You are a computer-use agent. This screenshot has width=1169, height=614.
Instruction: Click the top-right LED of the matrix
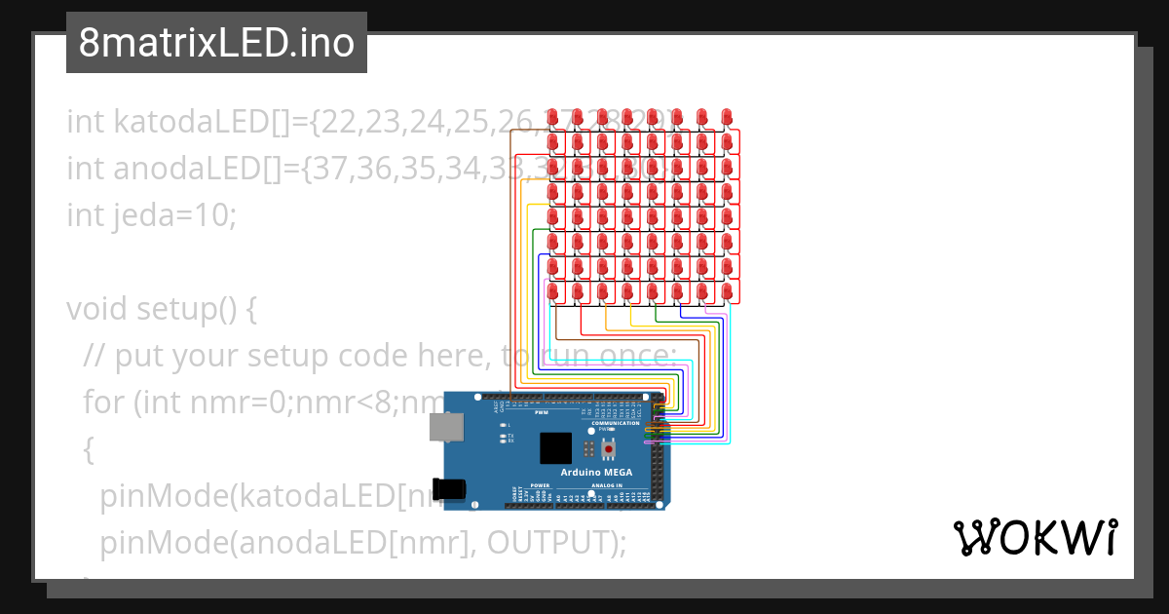coord(726,117)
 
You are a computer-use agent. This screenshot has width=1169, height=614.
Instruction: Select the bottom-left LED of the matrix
coord(552,290)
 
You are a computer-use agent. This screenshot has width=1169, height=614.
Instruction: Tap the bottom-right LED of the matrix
coord(726,290)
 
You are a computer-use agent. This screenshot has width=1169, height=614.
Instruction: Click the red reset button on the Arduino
coord(611,448)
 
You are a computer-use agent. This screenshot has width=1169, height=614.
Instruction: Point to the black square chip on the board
coord(556,448)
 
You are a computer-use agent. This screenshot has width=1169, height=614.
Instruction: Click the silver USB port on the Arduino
coord(446,426)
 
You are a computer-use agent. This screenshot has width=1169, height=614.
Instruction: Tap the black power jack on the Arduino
coord(450,490)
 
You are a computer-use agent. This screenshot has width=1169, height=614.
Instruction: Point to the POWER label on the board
coord(541,485)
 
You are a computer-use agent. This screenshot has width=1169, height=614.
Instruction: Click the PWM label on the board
coord(542,412)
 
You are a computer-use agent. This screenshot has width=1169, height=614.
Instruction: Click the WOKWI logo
coord(1035,538)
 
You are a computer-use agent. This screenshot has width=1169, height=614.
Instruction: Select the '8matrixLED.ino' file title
coord(216,44)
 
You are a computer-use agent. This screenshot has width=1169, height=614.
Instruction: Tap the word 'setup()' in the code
coord(197,309)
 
